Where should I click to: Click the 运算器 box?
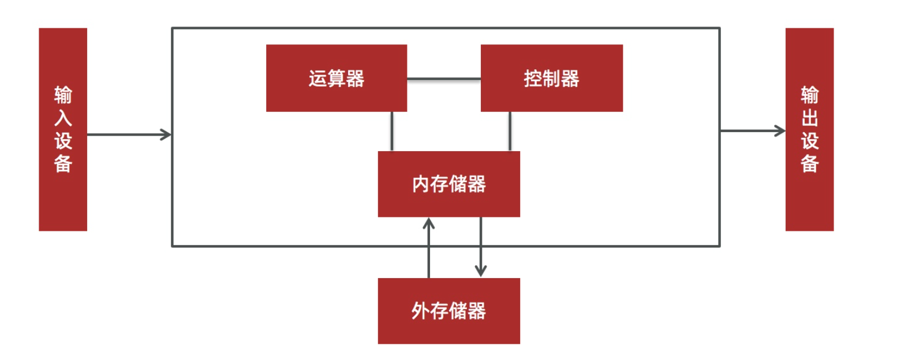pos(336,78)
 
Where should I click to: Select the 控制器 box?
pos(551,78)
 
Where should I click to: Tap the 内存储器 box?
pos(448,184)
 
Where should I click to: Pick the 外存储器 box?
pos(448,311)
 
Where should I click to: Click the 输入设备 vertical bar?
pos(63,129)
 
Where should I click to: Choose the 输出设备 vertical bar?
pos(809,129)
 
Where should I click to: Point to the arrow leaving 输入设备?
pos(129,135)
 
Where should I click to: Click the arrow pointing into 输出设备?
pos(753,131)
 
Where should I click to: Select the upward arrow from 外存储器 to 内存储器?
pos(428,247)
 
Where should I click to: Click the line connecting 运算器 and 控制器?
pos(444,79)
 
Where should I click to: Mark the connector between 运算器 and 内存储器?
pos(392,131)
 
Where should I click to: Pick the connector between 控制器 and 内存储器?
pos(510,131)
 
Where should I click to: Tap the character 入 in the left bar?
pos(63,118)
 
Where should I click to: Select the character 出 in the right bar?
pos(809,118)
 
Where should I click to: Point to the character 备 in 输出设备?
pos(809,164)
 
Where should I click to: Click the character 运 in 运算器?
pos(317,78)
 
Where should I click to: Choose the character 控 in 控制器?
pos(533,78)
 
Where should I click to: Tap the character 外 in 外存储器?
pos(421,312)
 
